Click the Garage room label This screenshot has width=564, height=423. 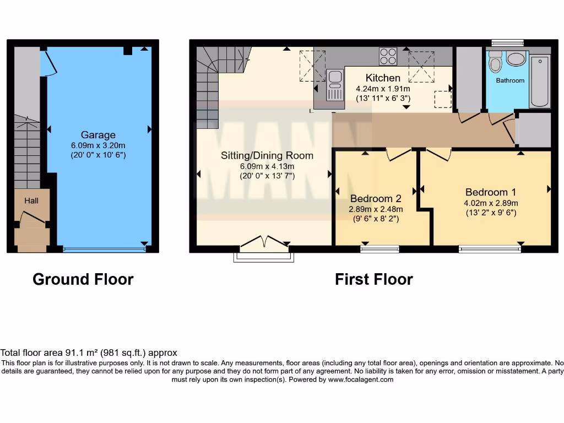click(98, 135)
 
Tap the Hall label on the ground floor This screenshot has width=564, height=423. click(31, 201)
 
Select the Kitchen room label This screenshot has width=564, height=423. click(383, 78)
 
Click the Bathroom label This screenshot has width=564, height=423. click(510, 80)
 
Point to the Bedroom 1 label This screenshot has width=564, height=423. click(490, 192)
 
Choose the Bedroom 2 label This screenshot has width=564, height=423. click(375, 199)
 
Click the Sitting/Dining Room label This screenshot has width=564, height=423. click(267, 155)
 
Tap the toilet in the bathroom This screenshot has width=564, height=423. click(495, 63)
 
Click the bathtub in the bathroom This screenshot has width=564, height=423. click(539, 81)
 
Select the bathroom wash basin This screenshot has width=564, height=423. click(516, 59)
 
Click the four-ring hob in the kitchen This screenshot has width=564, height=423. click(388, 56)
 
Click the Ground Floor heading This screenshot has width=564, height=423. click(83, 279)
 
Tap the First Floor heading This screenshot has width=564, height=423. click(373, 279)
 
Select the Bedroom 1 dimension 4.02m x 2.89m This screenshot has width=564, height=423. click(490, 203)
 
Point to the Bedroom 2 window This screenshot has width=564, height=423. click(379, 250)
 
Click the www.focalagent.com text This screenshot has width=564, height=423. click(361, 379)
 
